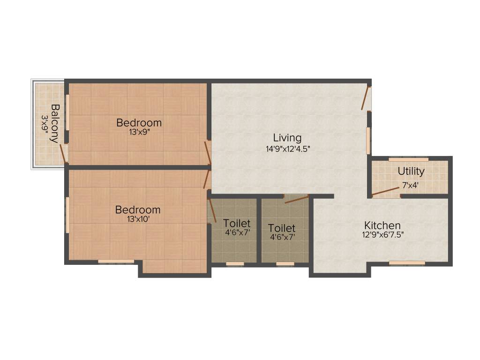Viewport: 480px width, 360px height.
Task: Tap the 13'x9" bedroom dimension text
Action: click(139, 132)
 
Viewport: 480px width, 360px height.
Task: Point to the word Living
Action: click(287, 138)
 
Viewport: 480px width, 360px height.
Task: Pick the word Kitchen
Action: click(382, 225)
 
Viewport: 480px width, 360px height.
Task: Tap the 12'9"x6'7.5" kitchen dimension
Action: click(382, 235)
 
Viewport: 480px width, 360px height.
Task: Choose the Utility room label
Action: click(411, 171)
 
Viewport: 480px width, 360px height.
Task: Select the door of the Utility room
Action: click(386, 191)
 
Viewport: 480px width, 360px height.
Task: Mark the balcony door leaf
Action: click(62, 154)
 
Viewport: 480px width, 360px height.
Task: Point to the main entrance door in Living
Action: click(366, 98)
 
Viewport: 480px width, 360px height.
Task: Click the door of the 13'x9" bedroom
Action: click(207, 153)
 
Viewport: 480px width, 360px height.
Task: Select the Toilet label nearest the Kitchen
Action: click(282, 228)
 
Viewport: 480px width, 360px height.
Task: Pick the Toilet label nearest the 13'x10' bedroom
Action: click(237, 223)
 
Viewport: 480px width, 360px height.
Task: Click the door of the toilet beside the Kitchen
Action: click(296, 200)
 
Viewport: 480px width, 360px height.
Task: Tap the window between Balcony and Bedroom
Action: click(67, 112)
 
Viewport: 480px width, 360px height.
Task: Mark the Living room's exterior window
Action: click(368, 141)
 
